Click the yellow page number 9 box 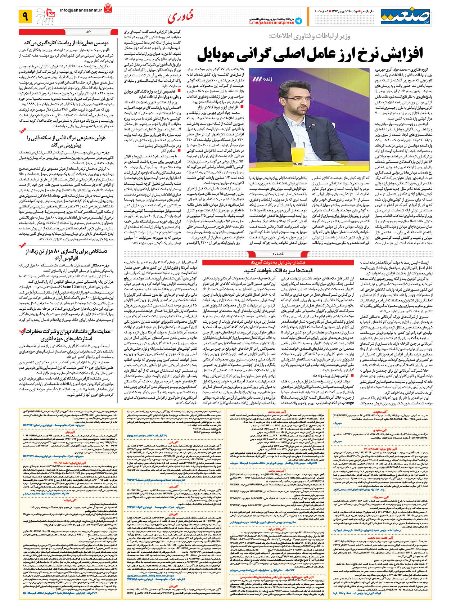click(26, 16)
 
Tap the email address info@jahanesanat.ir click(81, 11)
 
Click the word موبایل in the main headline click(220, 53)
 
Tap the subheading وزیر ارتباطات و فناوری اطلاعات click(310, 36)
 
